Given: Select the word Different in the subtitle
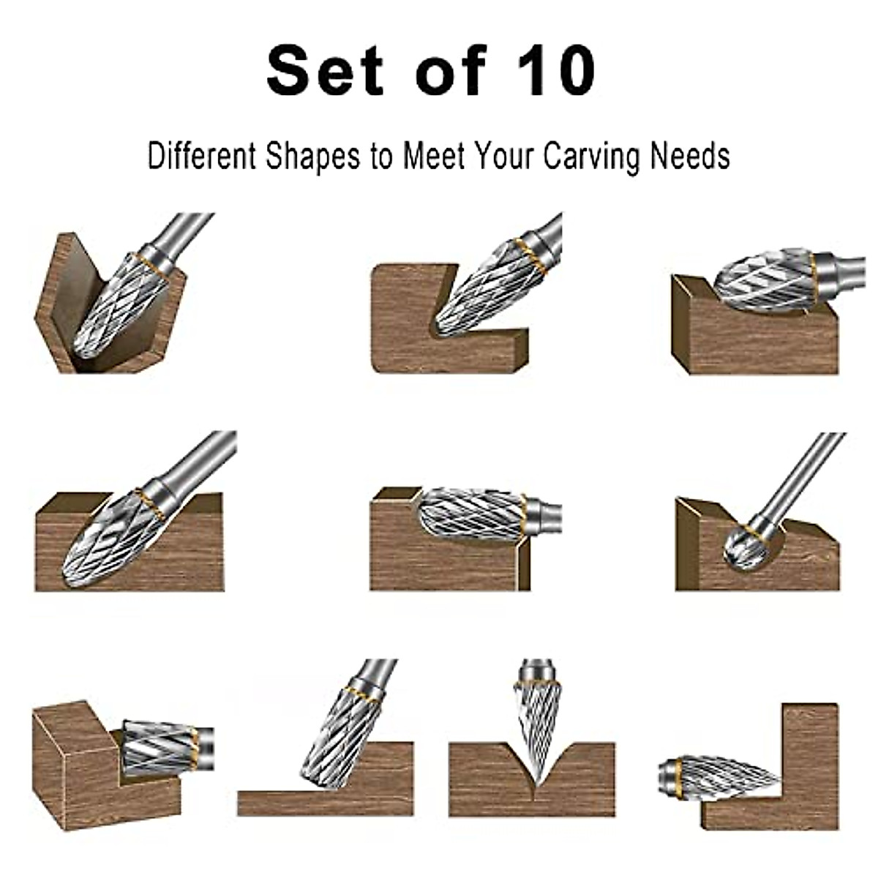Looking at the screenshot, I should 201,157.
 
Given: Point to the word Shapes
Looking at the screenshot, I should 312,157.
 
